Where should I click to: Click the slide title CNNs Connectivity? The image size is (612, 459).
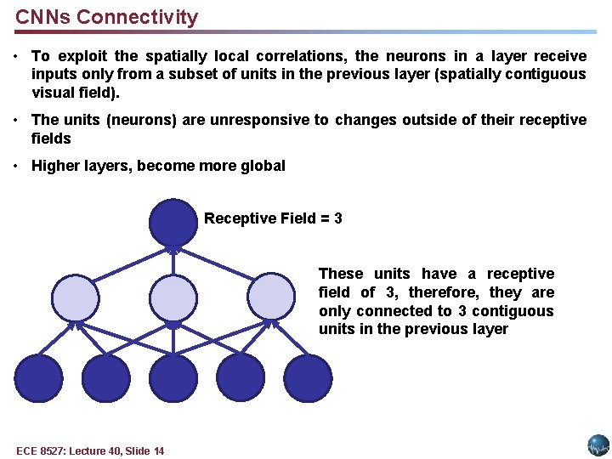[106, 17]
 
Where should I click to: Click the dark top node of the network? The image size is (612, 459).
[173, 221]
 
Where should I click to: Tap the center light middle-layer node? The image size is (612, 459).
[173, 297]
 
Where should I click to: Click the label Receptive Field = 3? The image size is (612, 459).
[273, 218]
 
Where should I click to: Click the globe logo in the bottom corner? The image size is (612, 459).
[598, 445]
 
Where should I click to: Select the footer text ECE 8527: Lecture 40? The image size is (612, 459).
[90, 450]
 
